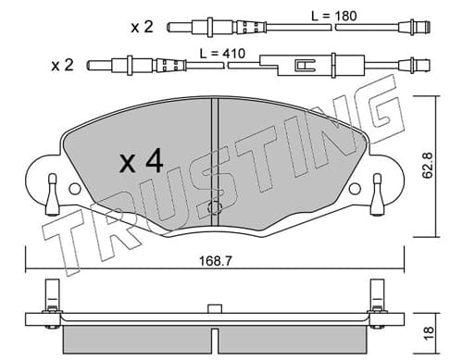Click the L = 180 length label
coord(334,16)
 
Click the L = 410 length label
coord(222,54)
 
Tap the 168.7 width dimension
coord(215,261)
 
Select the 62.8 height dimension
coord(428,166)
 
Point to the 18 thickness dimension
coord(429,333)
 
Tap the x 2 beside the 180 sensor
coord(142,28)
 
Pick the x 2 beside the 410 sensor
coord(62,66)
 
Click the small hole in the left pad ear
coord(74,189)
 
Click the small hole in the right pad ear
coord(355,189)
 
